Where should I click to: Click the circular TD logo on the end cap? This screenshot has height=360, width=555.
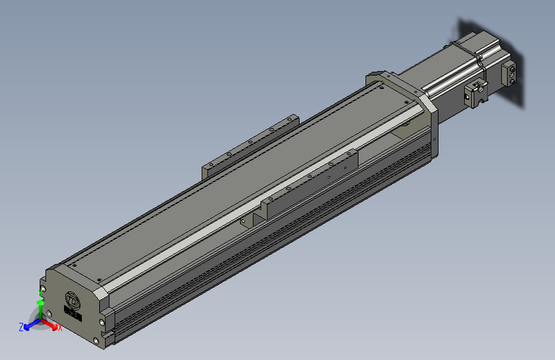[72, 300]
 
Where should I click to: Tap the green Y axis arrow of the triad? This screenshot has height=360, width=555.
[40, 309]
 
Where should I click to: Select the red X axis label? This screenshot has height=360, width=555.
[60, 328]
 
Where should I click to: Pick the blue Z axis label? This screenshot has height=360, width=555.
[21, 327]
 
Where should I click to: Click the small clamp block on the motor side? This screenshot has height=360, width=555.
[475, 94]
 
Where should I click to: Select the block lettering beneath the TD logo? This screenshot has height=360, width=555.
[73, 313]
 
